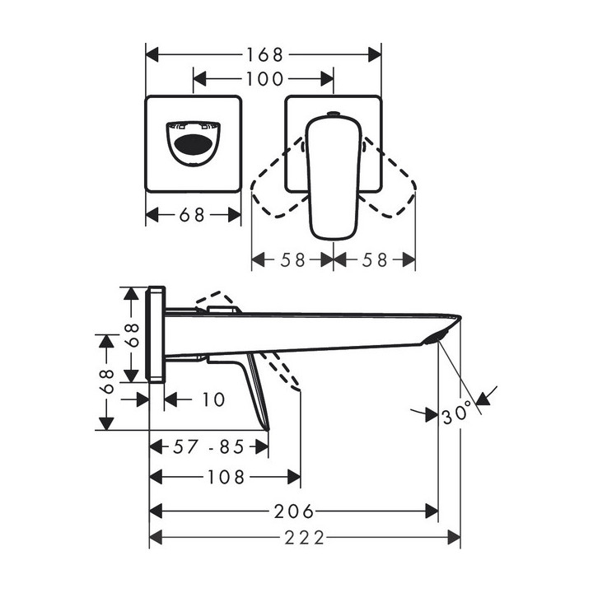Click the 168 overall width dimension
click(x=264, y=55)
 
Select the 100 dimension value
click(x=264, y=80)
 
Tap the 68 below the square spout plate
click(x=193, y=215)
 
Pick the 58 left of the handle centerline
click(x=292, y=259)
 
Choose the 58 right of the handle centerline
click(x=375, y=259)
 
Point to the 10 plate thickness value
click(x=212, y=399)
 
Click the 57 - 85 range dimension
click(x=209, y=447)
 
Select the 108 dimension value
click(x=225, y=477)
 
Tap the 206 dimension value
click(x=294, y=511)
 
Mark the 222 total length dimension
click(x=306, y=539)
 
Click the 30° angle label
click(x=458, y=412)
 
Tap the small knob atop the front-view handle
click(x=333, y=114)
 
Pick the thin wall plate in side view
click(x=156, y=334)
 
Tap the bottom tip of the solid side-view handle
click(x=266, y=427)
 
